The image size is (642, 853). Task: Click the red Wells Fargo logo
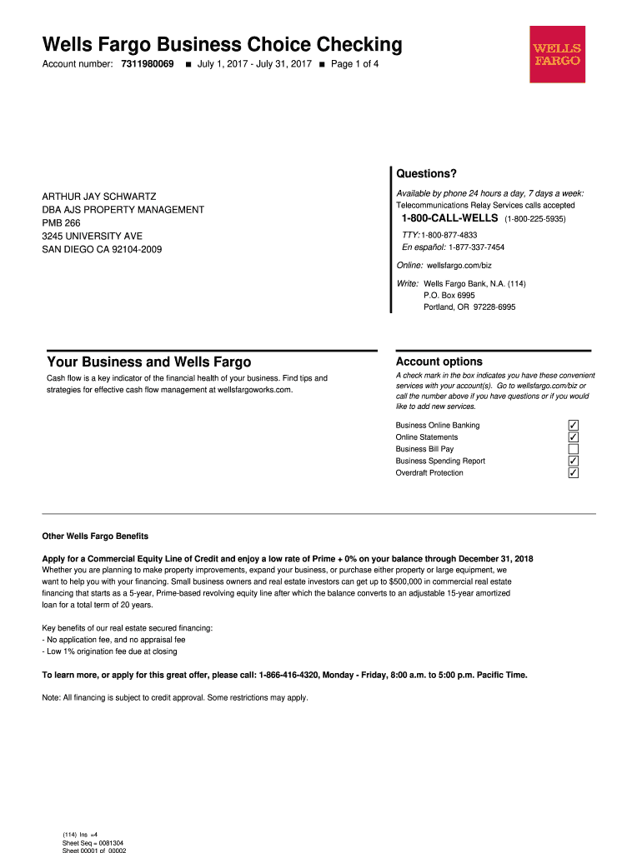point(557,54)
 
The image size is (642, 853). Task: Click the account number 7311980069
point(148,64)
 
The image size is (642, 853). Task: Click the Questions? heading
point(427,174)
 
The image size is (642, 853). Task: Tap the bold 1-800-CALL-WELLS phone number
point(450,218)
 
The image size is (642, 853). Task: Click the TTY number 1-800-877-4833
point(449,235)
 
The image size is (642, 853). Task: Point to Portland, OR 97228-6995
point(469,307)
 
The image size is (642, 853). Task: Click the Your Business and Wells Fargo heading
point(149,362)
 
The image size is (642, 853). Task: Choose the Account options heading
point(439,362)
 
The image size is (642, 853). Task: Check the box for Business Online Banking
point(573,426)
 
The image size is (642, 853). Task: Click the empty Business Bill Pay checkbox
point(573,449)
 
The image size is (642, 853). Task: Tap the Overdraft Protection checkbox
point(573,473)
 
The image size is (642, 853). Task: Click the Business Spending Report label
point(440,461)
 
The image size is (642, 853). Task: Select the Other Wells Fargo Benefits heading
point(95,536)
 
